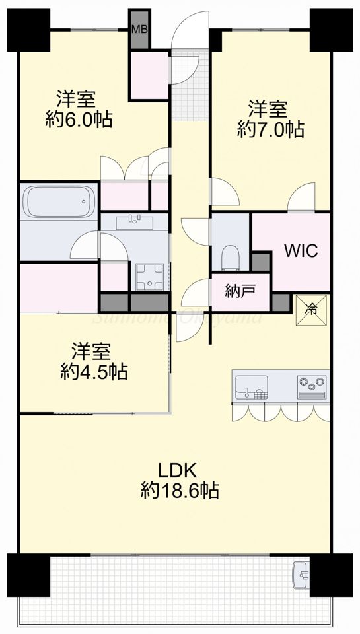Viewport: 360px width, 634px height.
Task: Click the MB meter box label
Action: point(139,29)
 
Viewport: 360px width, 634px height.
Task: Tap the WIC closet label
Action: point(301,251)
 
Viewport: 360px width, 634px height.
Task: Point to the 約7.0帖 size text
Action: point(271,129)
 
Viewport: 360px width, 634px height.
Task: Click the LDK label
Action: point(178,470)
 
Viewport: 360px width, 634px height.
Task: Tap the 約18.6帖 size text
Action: point(180,491)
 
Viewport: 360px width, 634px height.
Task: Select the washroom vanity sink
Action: point(136,221)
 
